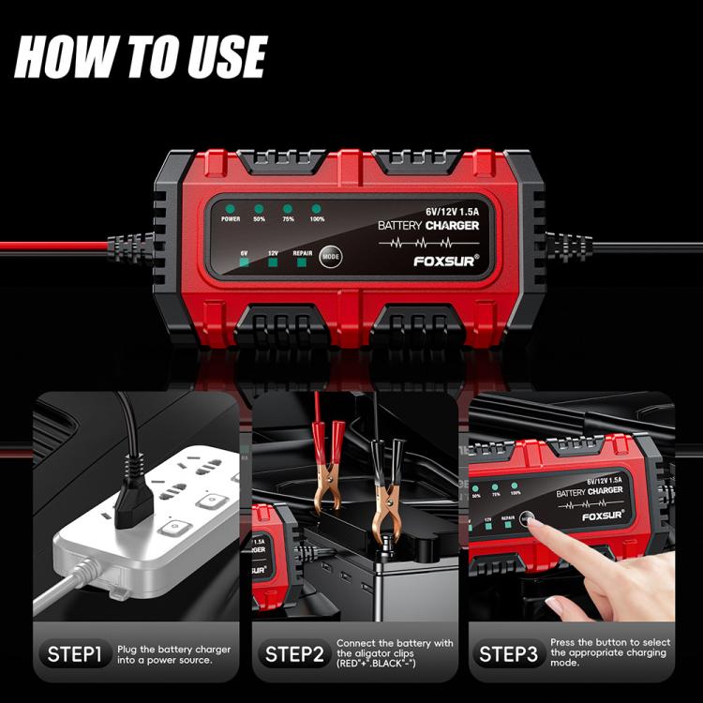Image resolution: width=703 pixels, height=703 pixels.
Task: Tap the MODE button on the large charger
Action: pyautogui.click(x=331, y=256)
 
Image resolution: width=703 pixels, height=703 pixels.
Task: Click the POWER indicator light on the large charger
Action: pyautogui.click(x=231, y=208)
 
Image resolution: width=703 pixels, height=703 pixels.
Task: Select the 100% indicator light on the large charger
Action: pyautogui.click(x=317, y=208)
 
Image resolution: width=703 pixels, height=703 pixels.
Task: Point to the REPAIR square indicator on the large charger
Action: pyautogui.click(x=303, y=262)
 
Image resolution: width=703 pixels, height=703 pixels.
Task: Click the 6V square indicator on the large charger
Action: pyautogui.click(x=244, y=262)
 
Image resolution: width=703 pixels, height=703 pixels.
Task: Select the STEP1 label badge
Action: pyautogui.click(x=72, y=653)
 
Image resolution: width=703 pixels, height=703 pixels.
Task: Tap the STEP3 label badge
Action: pyautogui.click(x=507, y=653)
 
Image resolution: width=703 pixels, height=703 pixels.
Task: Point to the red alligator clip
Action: pyautogui.click(x=325, y=469)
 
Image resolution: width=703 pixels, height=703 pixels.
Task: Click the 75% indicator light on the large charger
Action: pyautogui.click(x=288, y=208)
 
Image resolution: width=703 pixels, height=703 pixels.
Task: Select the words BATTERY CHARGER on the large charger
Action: pyautogui.click(x=428, y=226)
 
